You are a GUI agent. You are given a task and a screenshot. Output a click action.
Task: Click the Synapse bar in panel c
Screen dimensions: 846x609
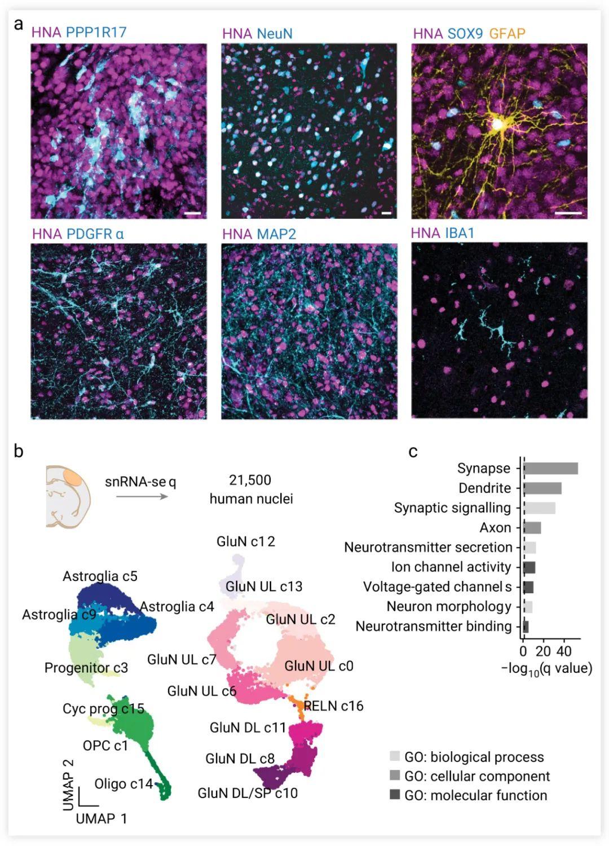(551, 469)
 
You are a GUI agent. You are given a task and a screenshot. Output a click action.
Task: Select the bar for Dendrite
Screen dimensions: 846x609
(542, 488)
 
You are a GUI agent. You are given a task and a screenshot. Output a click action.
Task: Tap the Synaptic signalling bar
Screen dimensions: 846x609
(540, 508)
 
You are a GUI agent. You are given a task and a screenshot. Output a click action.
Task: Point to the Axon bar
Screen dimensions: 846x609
(532, 528)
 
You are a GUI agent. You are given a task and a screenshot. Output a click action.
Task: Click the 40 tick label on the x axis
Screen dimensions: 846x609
(563, 651)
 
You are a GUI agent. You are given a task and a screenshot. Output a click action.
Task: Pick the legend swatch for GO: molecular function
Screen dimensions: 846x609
(395, 795)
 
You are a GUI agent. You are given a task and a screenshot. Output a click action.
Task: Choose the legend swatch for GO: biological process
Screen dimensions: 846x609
(395, 757)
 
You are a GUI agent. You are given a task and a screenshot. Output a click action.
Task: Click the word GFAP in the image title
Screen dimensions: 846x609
(507, 33)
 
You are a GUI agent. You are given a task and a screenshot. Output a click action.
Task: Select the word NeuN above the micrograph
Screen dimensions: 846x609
(275, 33)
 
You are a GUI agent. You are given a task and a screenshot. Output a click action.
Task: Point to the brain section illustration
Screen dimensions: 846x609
(68, 496)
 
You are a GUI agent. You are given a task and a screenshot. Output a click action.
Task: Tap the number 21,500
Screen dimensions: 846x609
(250, 480)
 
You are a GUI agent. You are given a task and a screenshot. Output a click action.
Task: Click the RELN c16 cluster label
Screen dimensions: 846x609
(333, 706)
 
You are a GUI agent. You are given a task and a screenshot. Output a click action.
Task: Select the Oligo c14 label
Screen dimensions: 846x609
(123, 783)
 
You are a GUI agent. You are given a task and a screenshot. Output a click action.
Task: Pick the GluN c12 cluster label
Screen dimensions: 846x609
(246, 541)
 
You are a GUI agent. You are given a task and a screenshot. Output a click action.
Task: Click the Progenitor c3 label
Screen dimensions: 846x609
(86, 668)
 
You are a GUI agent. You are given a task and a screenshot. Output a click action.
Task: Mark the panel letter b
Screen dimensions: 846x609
(19, 451)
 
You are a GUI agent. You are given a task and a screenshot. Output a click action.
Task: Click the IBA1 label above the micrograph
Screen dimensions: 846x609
(460, 232)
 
